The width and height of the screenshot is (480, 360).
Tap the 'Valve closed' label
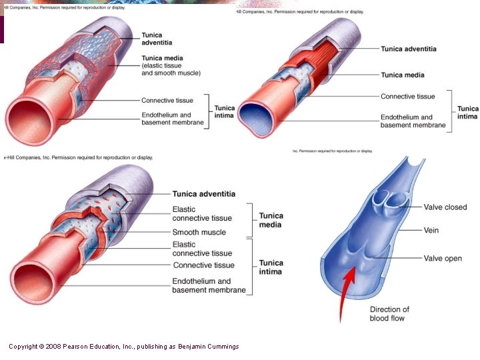pos(445,207)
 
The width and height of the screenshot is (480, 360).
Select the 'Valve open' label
pos(443,259)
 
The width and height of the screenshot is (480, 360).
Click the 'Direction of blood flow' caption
pos(389,314)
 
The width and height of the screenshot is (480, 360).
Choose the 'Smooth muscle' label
pos(199,233)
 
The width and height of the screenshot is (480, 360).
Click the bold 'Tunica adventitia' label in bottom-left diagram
pos(203,194)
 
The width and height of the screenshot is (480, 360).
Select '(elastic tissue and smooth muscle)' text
pos(171,69)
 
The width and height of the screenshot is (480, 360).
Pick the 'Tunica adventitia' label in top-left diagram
pos(156,39)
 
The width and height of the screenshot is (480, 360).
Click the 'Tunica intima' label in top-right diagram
pos(467,113)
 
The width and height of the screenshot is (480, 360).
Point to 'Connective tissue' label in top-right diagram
pos(407,97)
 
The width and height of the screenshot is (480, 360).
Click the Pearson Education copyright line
pos(123,347)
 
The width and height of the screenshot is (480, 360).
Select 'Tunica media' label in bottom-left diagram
pos(271,220)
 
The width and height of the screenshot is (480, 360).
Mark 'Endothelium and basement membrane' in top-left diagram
pos(172,119)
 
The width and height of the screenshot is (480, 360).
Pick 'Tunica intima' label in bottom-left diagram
pos(271,267)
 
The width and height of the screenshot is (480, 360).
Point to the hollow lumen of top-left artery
pos(26,120)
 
